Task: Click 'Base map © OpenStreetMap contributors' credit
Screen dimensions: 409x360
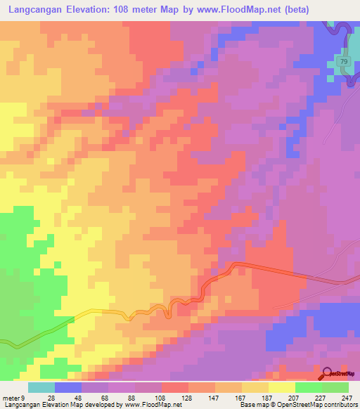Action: tap(297, 404)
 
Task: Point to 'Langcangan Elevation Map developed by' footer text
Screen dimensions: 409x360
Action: tap(60, 404)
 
